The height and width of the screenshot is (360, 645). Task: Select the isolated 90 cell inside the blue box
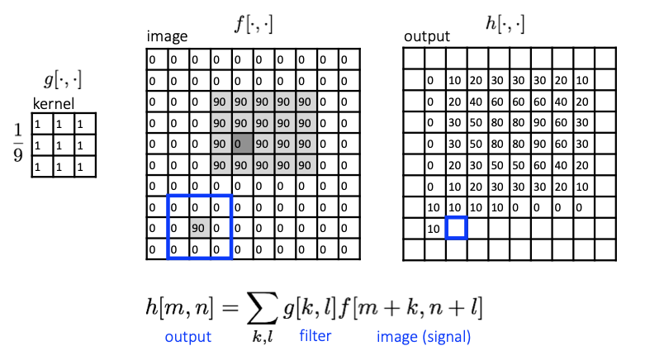[x=199, y=227]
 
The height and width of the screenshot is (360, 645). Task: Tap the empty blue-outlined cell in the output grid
[x=457, y=228]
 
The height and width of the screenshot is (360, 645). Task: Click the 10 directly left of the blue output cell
[x=434, y=228]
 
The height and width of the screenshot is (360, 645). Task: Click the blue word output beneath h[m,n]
[x=187, y=337]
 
